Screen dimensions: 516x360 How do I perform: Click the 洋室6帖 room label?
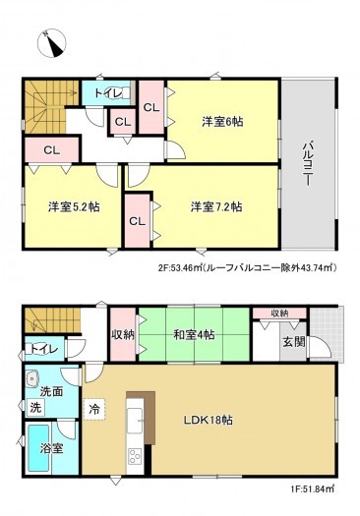(x=224, y=121)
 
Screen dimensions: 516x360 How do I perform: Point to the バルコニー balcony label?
(x=307, y=161)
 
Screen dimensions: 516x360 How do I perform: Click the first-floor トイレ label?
(x=42, y=349)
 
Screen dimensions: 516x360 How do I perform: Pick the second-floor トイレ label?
(x=108, y=92)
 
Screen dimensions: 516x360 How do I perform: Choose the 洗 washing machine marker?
(x=33, y=406)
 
